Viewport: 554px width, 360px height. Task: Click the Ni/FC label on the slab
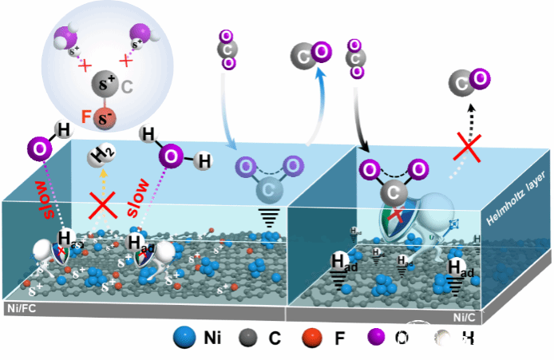pyautogui.click(x=18, y=303)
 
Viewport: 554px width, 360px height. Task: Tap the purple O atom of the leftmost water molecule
pyautogui.click(x=38, y=149)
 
